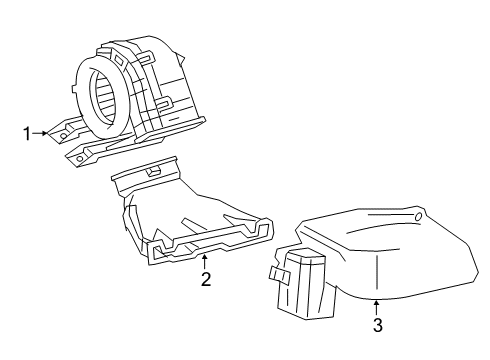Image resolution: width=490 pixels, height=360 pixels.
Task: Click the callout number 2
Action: (x=205, y=279)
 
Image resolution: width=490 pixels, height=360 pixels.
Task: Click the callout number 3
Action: (x=377, y=324)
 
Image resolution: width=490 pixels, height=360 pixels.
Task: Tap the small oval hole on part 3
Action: (x=418, y=217)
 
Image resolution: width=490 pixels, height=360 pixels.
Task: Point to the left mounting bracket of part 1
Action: (x=66, y=129)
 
